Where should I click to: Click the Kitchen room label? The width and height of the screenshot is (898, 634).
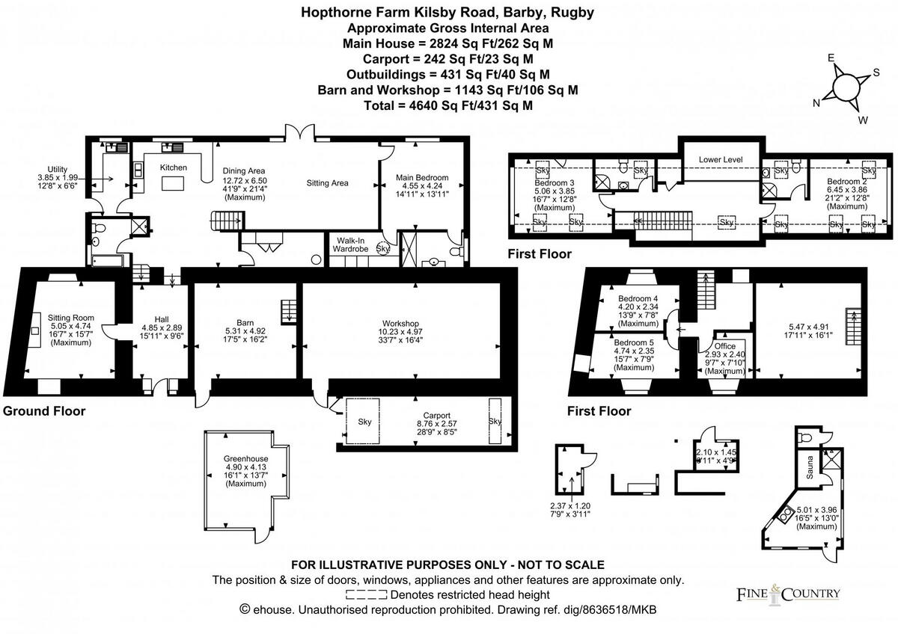point(174,167)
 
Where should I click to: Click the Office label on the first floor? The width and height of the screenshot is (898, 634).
point(724,346)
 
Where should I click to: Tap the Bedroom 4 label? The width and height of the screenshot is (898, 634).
point(638,297)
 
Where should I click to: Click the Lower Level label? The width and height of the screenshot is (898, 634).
point(721,160)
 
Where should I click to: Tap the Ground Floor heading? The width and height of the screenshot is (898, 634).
point(44,411)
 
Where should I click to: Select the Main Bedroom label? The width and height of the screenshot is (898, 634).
point(424,177)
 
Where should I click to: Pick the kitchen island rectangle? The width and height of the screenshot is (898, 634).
point(174,184)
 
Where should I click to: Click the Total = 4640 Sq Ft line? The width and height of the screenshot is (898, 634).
point(448,105)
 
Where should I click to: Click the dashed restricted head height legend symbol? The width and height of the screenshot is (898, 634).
point(367,595)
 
